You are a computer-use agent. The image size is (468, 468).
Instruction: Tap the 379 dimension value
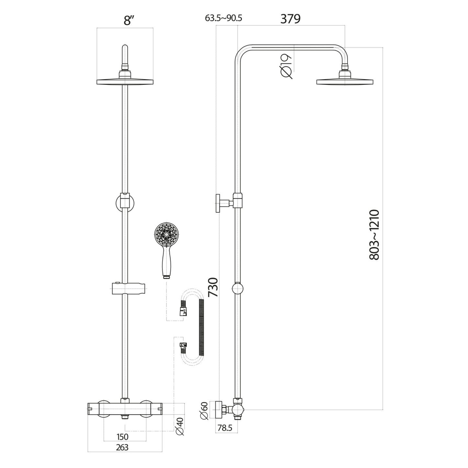[x=290, y=19]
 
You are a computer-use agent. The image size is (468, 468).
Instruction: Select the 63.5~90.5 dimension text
[x=223, y=18]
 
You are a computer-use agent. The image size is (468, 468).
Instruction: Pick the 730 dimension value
[x=213, y=287]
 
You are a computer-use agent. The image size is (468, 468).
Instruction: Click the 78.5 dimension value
[x=225, y=428]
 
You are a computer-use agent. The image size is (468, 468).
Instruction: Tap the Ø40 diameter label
[x=180, y=426]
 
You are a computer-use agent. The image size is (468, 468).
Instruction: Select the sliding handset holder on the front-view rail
[x=129, y=289]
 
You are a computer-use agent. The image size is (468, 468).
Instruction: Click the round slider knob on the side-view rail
[x=238, y=288]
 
